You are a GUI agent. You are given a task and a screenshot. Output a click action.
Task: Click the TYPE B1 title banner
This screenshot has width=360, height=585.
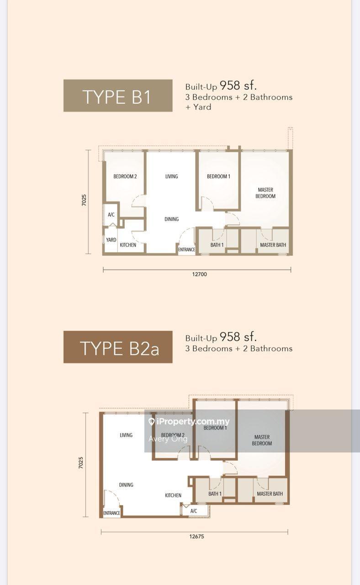[118, 96]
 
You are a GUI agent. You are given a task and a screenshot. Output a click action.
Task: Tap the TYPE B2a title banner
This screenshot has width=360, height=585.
[118, 347]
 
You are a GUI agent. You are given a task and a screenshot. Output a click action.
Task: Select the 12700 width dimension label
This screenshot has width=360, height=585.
[200, 274]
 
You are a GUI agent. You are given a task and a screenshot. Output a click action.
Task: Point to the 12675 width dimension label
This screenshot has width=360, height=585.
[196, 537]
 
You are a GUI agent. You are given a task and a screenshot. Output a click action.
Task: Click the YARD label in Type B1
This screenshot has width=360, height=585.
[111, 240]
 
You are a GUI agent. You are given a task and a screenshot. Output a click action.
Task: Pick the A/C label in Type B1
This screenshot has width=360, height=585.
[111, 215]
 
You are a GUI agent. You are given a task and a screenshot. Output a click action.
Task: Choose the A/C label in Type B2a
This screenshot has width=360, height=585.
[194, 511]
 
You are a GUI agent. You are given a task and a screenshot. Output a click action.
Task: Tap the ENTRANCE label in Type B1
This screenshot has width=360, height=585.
[187, 250]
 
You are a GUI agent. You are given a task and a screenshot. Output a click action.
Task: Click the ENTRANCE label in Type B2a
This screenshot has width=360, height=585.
[112, 513]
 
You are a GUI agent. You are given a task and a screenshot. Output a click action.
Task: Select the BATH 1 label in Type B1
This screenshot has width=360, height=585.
[217, 245]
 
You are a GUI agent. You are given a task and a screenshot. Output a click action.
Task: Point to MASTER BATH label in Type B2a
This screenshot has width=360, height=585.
[270, 494]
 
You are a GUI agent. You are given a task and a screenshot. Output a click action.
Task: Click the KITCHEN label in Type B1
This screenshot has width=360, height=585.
[128, 245]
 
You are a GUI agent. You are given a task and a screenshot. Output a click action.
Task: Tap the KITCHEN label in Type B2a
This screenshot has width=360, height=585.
[173, 495]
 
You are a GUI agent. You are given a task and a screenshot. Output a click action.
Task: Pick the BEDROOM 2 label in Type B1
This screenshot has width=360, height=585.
[125, 176]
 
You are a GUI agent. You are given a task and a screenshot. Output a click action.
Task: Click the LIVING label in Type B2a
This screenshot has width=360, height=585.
[126, 435]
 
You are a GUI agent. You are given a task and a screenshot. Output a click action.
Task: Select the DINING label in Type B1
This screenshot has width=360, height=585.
[171, 219]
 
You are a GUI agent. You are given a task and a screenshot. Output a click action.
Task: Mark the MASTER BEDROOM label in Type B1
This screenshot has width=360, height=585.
[265, 193]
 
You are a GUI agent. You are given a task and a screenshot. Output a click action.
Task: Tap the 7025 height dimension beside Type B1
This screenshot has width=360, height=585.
[84, 200]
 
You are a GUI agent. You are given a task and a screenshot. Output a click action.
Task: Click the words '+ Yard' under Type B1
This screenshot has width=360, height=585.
[198, 107]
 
